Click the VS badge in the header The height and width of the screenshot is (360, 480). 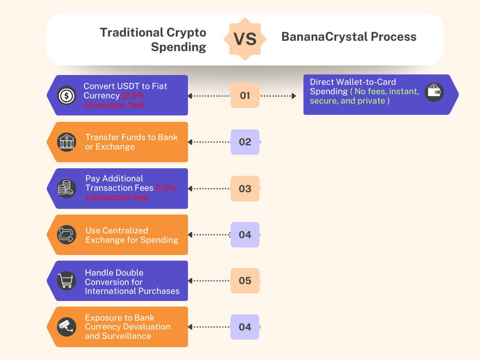245,39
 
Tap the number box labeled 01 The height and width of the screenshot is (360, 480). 245,95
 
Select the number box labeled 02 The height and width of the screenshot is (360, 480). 245,142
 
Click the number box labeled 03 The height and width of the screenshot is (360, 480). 245,188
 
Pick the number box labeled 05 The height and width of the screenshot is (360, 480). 245,281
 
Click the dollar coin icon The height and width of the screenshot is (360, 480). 67,96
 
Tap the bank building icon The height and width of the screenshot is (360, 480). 67,142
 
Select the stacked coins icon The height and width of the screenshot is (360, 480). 67,188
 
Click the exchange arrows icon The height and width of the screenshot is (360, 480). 67,235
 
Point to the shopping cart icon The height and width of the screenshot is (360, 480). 67,281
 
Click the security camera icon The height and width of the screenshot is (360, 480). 67,327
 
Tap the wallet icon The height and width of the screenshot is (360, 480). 434,92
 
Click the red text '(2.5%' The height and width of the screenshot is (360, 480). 133,96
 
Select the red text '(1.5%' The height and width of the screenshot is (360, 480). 166,188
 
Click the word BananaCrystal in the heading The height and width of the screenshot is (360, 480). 324,37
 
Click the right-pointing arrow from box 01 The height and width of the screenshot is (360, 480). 278,96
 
